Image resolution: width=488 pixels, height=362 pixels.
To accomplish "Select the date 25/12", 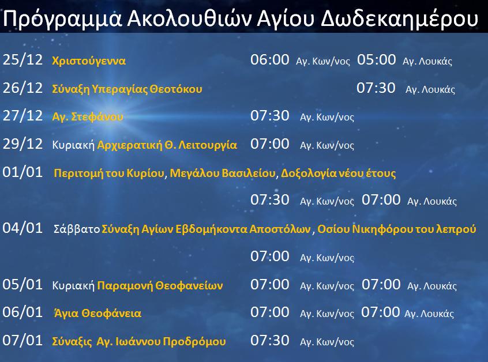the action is (x=22, y=59).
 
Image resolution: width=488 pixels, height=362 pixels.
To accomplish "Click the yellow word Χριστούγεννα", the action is (x=89, y=61).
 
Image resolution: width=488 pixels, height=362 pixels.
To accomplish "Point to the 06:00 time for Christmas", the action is (x=270, y=59).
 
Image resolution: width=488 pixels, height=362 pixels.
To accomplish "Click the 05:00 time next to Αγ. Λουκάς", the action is (x=376, y=59).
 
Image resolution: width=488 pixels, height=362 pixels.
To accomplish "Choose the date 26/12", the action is (x=22, y=88).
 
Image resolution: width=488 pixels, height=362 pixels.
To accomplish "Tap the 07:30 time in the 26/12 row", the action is (x=376, y=88).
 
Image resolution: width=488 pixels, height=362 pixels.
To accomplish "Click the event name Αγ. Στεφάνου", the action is (x=88, y=117).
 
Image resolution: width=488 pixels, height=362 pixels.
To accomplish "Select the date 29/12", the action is (x=22, y=144).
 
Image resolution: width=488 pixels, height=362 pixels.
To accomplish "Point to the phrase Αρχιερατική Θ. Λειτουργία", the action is (x=167, y=145).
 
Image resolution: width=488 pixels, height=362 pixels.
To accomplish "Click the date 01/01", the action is (x=22, y=172).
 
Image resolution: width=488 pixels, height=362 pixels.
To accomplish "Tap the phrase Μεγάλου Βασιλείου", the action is (x=223, y=174).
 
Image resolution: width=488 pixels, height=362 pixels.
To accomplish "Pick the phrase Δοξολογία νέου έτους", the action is (x=338, y=174).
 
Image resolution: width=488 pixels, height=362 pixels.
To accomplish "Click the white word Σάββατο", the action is (x=77, y=229).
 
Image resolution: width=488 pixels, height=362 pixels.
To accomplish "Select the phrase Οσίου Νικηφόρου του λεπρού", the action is (x=397, y=229).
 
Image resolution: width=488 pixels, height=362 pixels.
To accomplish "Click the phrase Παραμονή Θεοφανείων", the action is (x=160, y=285).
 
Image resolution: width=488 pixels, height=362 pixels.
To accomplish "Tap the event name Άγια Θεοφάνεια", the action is (x=97, y=313).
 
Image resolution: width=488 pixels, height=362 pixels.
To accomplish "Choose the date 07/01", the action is (x=22, y=340).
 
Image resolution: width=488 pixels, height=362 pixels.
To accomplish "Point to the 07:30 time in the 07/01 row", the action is (x=270, y=340).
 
